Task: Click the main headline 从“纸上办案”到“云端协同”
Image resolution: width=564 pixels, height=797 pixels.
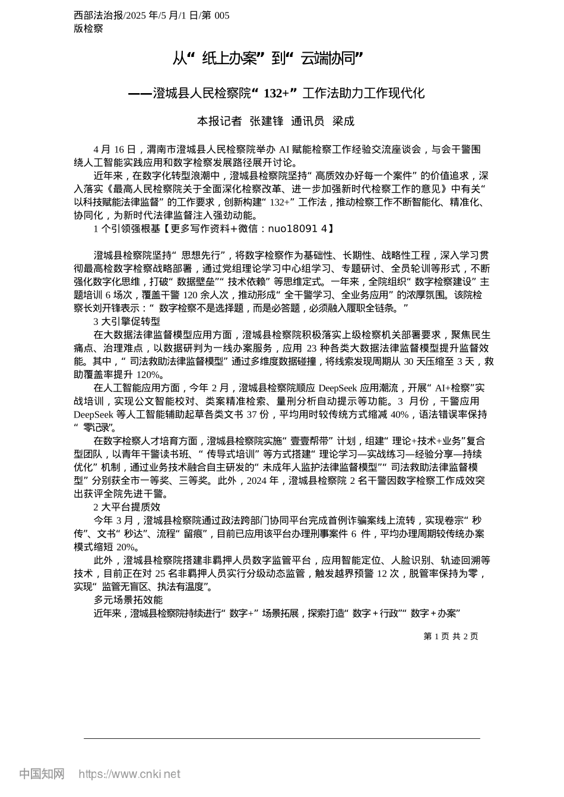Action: [x=268, y=58]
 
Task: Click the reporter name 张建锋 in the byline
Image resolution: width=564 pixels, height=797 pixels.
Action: [x=267, y=121]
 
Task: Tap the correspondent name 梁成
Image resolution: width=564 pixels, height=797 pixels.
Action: [x=343, y=121]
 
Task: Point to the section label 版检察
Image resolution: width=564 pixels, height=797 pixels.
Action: [x=88, y=28]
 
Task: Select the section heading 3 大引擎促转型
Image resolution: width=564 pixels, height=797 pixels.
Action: [x=127, y=321]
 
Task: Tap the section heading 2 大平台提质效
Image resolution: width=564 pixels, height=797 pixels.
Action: [x=127, y=507]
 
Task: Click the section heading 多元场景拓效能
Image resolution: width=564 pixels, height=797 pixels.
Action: [x=128, y=600]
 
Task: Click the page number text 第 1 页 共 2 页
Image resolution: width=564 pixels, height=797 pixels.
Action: [x=451, y=636]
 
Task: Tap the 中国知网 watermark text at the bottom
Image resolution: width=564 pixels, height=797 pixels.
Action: [x=42, y=774]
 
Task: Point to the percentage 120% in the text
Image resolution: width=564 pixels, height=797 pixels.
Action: [x=148, y=375]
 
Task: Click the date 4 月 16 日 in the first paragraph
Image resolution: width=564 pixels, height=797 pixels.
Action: [x=115, y=149]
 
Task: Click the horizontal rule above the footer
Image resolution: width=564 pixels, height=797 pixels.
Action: [x=282, y=739]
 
